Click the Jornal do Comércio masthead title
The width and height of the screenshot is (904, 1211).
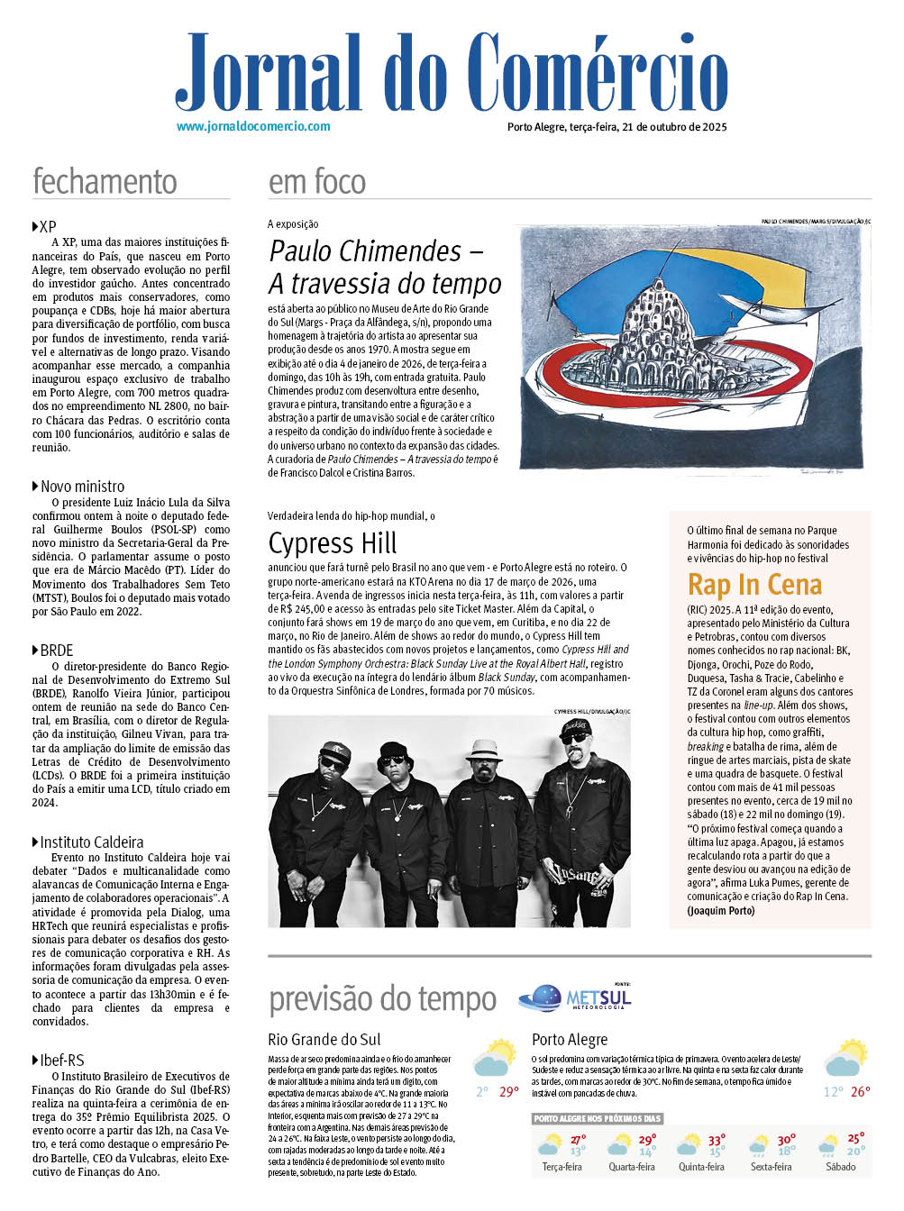tap(451, 72)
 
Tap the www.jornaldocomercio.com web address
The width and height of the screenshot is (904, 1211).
tap(253, 127)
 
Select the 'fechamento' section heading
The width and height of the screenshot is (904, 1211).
tap(105, 182)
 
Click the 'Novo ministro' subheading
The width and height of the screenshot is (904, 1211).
tap(82, 487)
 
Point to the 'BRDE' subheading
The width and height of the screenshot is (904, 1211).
tap(56, 651)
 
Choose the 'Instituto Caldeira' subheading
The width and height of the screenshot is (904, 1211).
tap(91, 842)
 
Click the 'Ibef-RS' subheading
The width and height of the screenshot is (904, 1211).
tap(61, 1061)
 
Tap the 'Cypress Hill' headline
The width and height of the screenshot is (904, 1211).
tap(333, 543)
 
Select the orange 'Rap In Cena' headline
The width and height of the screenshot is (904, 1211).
tap(754, 585)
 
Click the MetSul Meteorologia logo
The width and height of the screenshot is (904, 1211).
tap(576, 997)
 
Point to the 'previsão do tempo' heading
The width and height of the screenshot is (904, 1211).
tap(382, 999)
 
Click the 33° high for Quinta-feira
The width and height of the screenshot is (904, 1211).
tap(717, 1140)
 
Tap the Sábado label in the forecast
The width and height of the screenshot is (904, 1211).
tap(840, 1167)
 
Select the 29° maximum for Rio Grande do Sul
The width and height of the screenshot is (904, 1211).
tap(509, 1092)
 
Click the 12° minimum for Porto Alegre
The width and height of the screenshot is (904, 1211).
tap(833, 1092)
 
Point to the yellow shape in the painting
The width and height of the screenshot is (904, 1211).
tap(796, 270)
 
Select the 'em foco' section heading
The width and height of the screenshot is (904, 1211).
tap(317, 182)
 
